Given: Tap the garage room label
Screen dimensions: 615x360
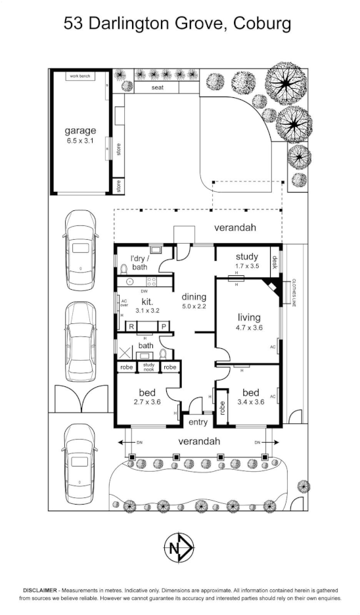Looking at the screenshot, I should click(x=79, y=135).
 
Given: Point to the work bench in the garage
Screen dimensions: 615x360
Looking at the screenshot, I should click(x=82, y=76).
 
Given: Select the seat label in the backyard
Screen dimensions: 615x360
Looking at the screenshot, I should click(x=158, y=87).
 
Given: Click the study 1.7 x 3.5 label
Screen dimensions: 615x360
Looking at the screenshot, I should click(x=248, y=261).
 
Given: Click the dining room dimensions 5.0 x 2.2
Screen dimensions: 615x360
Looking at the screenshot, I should click(x=195, y=306).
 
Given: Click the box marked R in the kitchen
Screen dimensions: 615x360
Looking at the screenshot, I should click(x=131, y=327).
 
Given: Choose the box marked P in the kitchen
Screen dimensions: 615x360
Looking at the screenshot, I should click(x=163, y=327).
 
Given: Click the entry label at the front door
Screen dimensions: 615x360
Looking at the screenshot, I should click(x=198, y=422).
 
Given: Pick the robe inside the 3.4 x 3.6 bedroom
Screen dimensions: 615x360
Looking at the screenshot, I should click(x=222, y=411).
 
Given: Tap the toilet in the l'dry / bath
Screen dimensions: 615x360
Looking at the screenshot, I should click(x=124, y=268).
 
